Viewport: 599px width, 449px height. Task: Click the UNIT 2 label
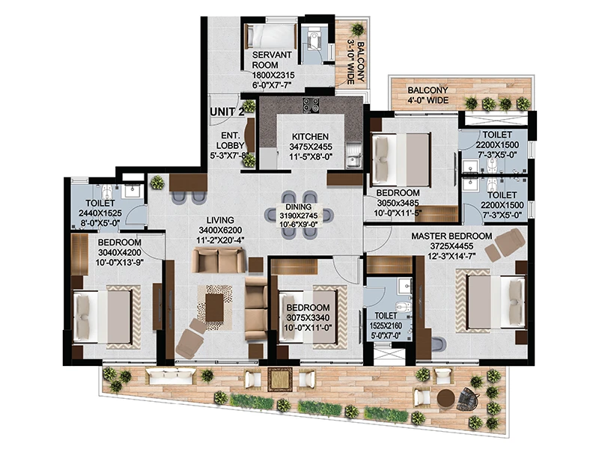tap(227, 112)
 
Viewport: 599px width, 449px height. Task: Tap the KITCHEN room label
tap(310, 137)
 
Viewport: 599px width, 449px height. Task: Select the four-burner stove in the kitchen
tap(311, 105)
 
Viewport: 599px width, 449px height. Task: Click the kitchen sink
tap(353, 155)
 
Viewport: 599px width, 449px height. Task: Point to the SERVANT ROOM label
tap(272, 60)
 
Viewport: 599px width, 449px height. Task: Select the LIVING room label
tap(220, 220)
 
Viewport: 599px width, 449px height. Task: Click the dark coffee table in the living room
tap(214, 308)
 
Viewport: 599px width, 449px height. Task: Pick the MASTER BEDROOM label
tap(451, 236)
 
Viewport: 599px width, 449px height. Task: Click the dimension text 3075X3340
tap(308, 317)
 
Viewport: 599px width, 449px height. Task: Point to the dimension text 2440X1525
tap(100, 213)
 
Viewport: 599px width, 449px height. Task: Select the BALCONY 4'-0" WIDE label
tap(428, 96)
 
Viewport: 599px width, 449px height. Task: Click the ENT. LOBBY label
tap(231, 141)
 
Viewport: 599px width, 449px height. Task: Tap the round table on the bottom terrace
tap(446, 399)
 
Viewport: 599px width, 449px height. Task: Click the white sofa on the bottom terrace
tap(171, 376)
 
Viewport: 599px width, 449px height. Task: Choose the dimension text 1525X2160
tap(386, 326)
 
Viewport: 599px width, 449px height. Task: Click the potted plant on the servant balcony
tap(358, 29)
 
